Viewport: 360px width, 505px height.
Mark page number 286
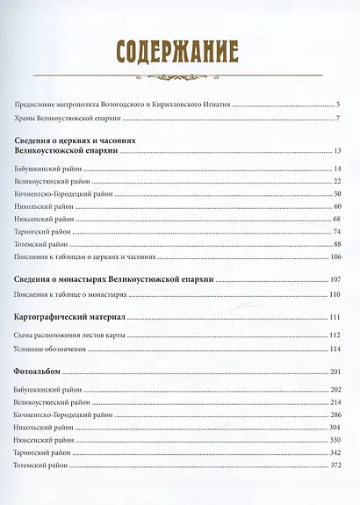pos(335,415)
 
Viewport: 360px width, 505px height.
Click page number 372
pos(335,465)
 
